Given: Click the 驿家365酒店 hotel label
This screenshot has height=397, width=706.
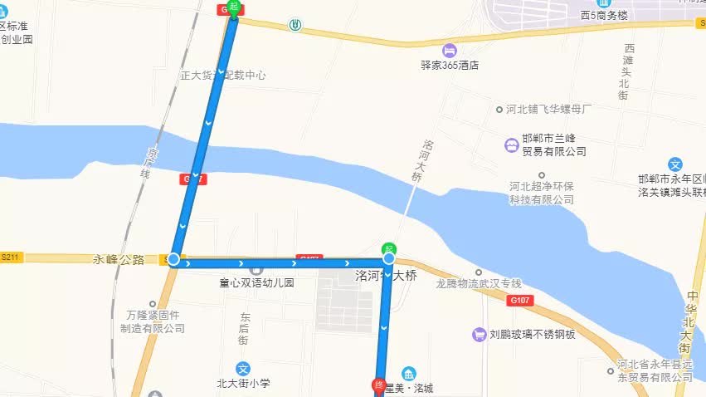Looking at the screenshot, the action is pos(450,66).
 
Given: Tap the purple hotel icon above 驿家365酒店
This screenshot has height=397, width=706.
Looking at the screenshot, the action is pos(450,50).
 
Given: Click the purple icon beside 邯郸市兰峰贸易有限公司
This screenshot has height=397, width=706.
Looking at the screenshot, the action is pos(510,145).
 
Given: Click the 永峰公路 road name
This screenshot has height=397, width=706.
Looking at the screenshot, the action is pos(119,259).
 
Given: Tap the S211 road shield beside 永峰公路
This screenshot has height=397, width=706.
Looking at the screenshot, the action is pos(10,258).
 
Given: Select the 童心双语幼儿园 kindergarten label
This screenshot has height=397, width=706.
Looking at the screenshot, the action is pos(256,283).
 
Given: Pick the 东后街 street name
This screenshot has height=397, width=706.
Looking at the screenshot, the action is pos(244,328).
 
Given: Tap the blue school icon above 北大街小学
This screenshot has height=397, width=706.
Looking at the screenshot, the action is pos(244,368).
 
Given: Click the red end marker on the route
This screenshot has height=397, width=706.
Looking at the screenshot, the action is pos(377,385).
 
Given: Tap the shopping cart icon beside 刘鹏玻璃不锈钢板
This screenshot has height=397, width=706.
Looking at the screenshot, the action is pos(478,335).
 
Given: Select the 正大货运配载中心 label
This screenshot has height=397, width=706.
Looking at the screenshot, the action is pos(223,75).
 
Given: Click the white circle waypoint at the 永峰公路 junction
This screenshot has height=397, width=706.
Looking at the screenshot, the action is pos(173,260).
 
